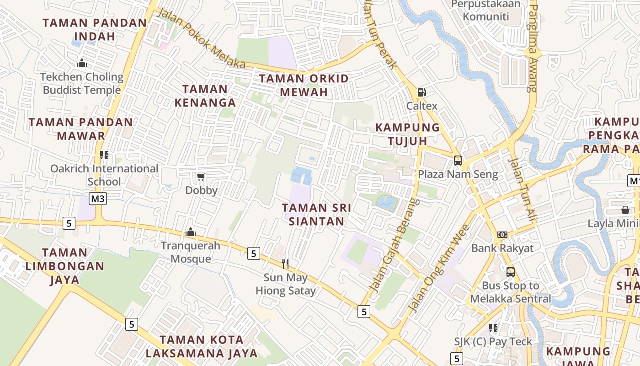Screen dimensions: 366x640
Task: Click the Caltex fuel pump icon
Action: [x=421, y=92]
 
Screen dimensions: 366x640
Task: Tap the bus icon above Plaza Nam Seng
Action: [x=458, y=161]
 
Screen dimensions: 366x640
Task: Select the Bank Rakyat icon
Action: [x=502, y=235]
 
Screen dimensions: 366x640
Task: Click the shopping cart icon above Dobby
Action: [x=201, y=177]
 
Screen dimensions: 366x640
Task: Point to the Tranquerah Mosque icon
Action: [x=191, y=232]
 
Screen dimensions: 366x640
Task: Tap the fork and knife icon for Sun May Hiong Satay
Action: [x=285, y=264]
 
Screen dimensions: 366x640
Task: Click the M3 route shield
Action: [x=98, y=199]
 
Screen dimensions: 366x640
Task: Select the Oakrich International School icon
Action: [x=104, y=155]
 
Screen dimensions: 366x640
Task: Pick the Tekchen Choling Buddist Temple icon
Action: [x=82, y=63]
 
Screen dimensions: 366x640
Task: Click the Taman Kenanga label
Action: [x=205, y=96]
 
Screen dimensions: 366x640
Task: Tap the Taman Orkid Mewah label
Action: [x=304, y=85]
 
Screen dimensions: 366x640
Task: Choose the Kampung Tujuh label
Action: [x=407, y=134]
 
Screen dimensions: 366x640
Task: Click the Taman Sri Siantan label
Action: [x=316, y=215]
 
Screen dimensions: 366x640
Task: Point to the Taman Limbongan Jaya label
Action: [x=64, y=266]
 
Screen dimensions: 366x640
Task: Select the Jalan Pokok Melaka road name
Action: [x=201, y=38]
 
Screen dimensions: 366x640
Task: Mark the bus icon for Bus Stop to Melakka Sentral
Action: [x=510, y=272]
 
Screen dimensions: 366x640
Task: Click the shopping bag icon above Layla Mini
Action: [x=625, y=210]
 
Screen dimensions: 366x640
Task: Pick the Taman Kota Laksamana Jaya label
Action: [x=202, y=346]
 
